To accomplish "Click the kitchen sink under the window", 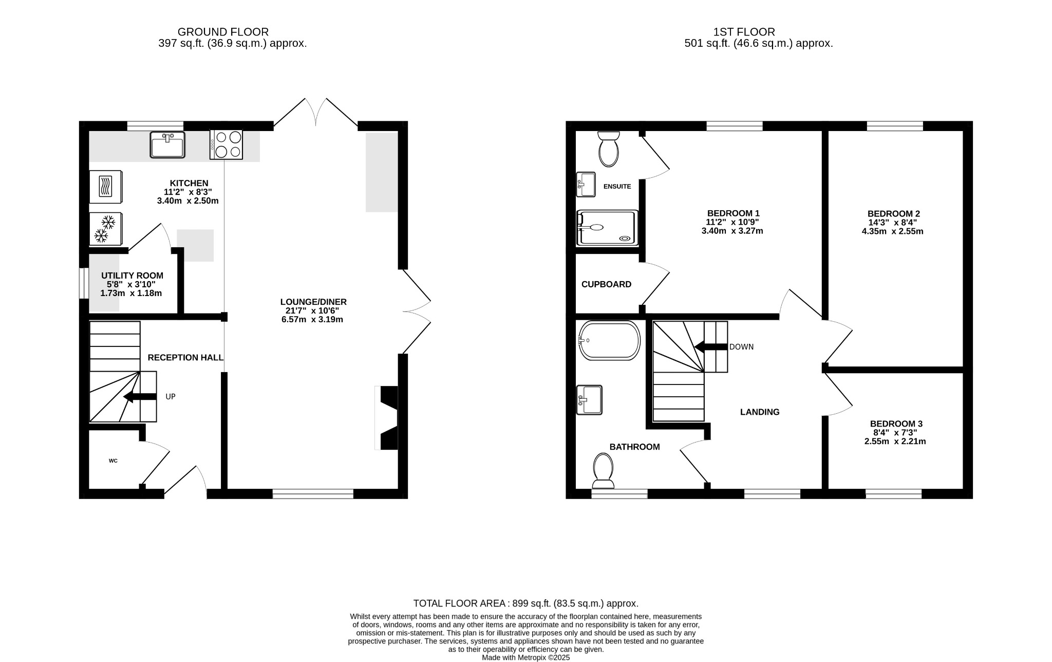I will click(x=167, y=144).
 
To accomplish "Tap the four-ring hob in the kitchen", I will click(x=226, y=144).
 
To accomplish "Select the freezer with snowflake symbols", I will click(x=105, y=229).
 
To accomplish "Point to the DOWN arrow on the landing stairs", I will click(x=711, y=347).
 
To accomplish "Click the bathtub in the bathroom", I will click(x=609, y=340).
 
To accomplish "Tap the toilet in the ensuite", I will click(x=609, y=149).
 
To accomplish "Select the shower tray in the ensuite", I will click(x=607, y=227).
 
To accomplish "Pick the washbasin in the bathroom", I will click(x=589, y=399).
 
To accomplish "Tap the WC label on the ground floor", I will click(x=113, y=461).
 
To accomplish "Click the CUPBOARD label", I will click(x=606, y=284).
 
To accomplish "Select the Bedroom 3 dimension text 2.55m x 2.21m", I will click(x=895, y=441).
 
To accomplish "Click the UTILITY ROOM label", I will click(x=132, y=276).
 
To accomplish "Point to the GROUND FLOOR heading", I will click(x=223, y=32).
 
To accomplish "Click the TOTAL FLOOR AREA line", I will click(x=525, y=603).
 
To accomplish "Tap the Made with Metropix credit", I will click(x=525, y=657).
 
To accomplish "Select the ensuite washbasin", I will click(x=586, y=184).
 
